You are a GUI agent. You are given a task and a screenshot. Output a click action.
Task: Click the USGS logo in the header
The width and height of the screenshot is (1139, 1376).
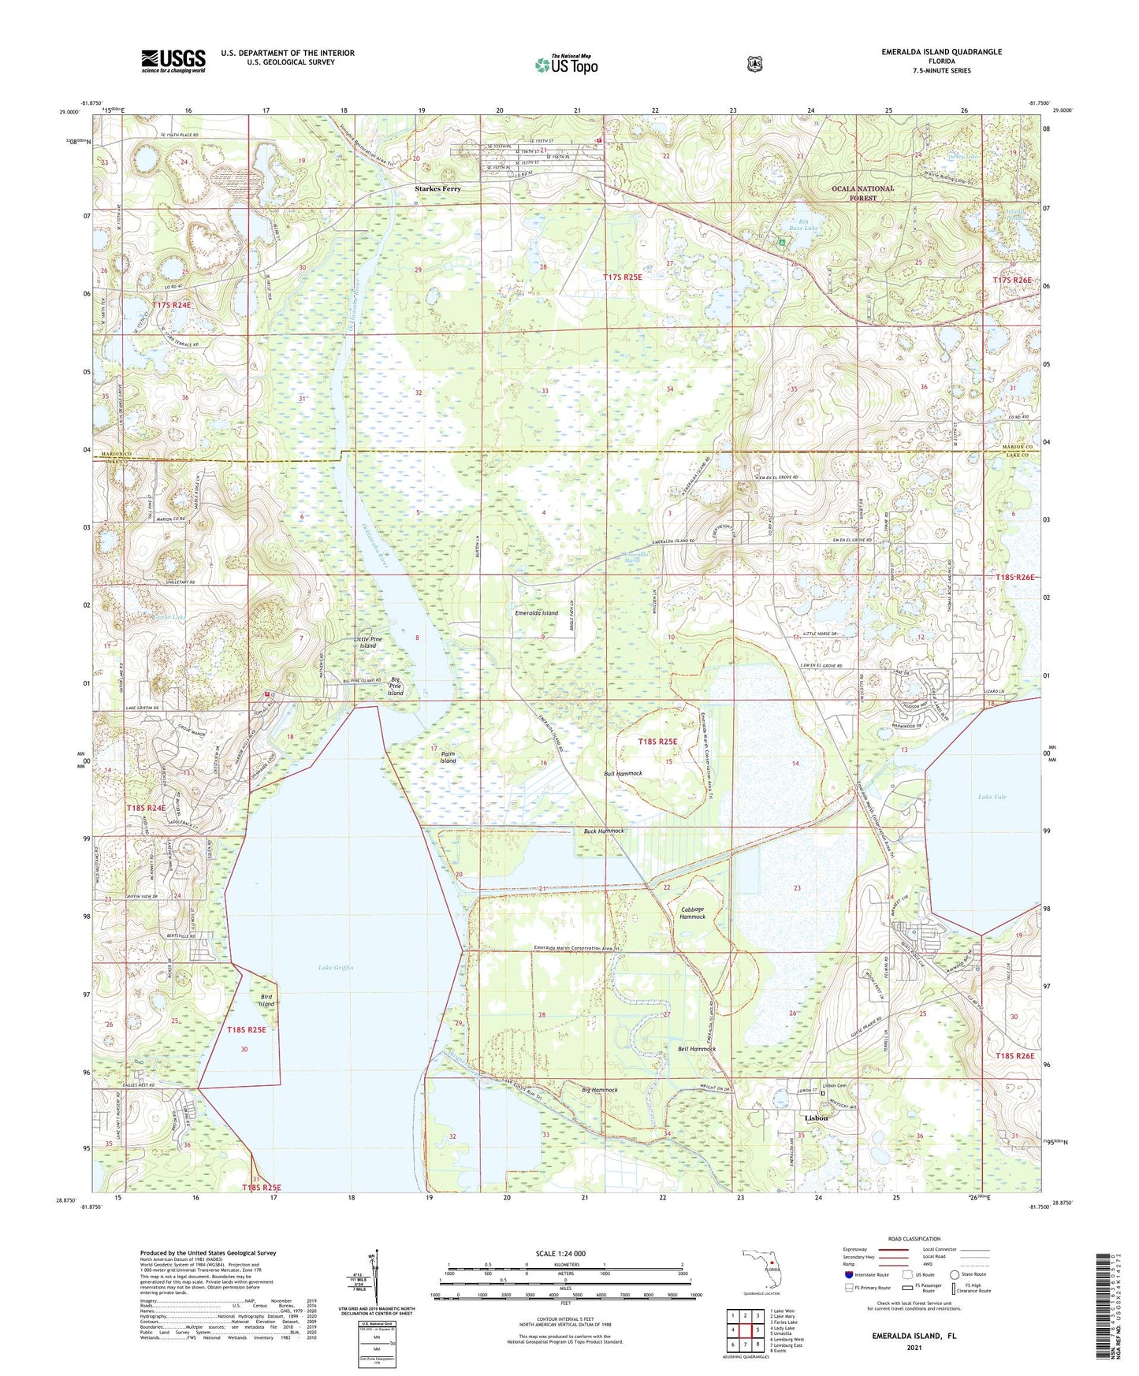tap(173, 61)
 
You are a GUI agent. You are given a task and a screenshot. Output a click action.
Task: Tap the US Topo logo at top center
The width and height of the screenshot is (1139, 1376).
tap(566, 65)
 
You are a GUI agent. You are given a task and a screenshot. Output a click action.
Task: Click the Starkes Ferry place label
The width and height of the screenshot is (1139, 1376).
tap(438, 189)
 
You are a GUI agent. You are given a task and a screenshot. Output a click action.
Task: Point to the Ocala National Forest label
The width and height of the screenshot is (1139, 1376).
tap(863, 193)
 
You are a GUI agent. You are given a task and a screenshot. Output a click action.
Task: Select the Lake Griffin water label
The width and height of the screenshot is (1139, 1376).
tap(336, 968)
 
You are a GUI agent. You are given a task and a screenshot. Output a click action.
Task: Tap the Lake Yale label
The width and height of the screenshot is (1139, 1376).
tap(992, 797)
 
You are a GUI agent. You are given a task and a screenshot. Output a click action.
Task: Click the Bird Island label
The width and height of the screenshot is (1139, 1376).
tap(267, 1000)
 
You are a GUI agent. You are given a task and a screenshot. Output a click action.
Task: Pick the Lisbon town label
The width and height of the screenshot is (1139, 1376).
tap(816, 1118)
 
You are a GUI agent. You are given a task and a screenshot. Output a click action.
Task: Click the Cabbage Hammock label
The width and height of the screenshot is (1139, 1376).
tap(693, 913)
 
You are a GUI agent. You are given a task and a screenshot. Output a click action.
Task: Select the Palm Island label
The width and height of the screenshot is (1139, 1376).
tap(448, 757)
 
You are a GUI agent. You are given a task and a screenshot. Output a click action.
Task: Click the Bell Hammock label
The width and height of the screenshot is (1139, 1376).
tap(697, 1049)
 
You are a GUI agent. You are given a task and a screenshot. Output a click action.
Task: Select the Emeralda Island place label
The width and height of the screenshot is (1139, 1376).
tap(536, 613)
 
